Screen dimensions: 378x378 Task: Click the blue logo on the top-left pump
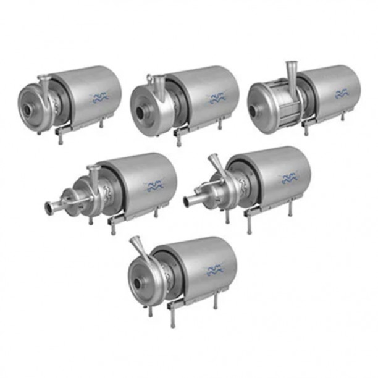coord(99,96)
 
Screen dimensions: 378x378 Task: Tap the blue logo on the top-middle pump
coord(216,98)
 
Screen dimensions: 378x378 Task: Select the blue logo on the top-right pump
coord(342,94)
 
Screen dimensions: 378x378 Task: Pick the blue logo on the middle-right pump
coord(288,178)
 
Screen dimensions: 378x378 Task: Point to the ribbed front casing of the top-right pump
coord(274,109)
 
